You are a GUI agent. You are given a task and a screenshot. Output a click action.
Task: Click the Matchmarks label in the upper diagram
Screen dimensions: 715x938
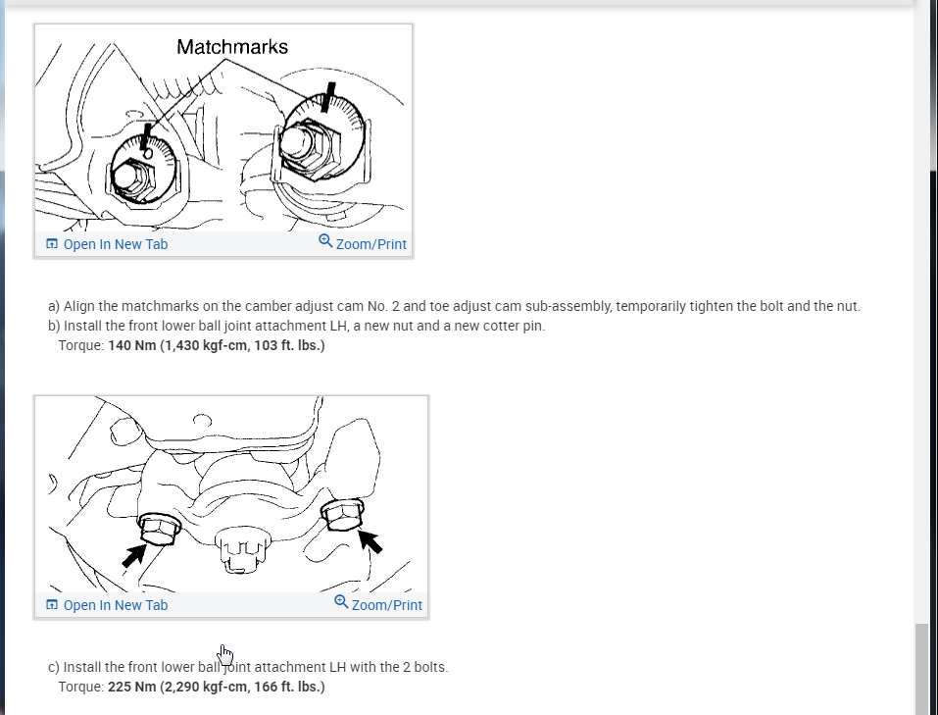point(232,47)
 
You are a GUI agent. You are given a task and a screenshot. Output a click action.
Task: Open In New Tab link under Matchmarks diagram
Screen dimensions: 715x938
point(107,244)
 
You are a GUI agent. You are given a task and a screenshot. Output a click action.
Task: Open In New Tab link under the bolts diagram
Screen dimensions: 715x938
point(107,605)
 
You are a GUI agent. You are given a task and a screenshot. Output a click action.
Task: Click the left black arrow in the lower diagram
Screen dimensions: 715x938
point(132,555)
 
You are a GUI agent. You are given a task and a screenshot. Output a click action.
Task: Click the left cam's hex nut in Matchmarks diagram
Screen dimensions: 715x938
point(128,180)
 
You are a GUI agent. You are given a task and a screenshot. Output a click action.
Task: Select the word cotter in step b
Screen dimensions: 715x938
point(503,326)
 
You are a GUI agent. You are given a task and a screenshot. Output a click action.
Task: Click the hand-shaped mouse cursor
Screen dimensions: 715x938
point(224,653)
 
